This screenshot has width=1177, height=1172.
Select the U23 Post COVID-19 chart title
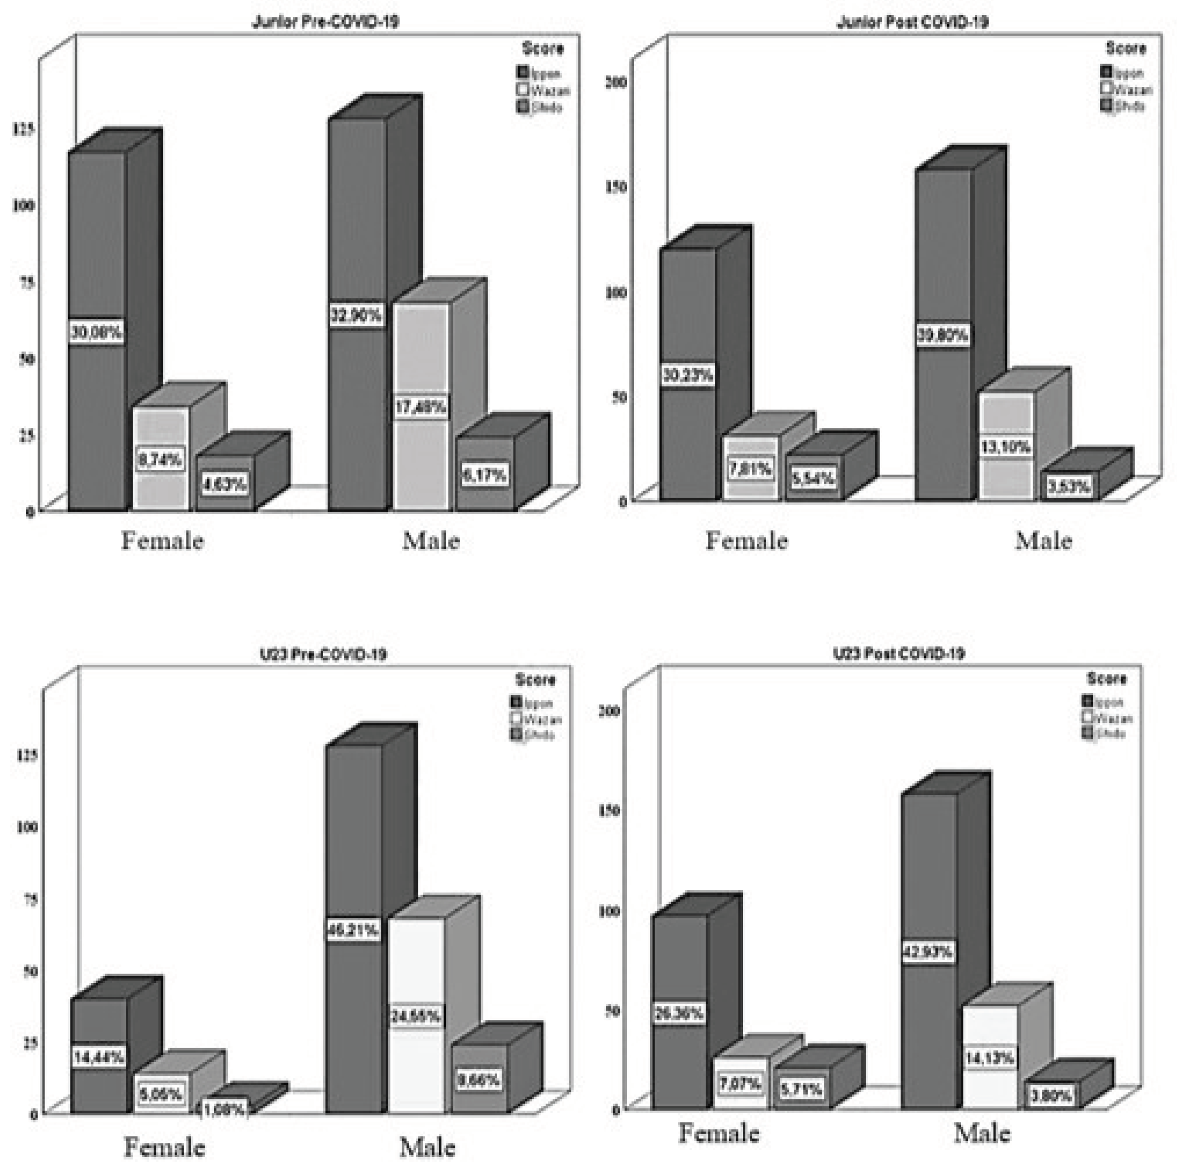click(899, 653)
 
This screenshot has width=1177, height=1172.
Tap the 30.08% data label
click(96, 332)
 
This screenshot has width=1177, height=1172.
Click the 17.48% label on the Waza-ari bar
click(420, 407)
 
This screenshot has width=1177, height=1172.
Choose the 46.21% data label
click(353, 930)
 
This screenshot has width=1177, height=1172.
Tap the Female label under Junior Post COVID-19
click(746, 540)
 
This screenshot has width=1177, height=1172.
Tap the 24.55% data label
click(416, 1016)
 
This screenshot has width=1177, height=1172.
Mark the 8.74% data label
click(160, 459)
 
